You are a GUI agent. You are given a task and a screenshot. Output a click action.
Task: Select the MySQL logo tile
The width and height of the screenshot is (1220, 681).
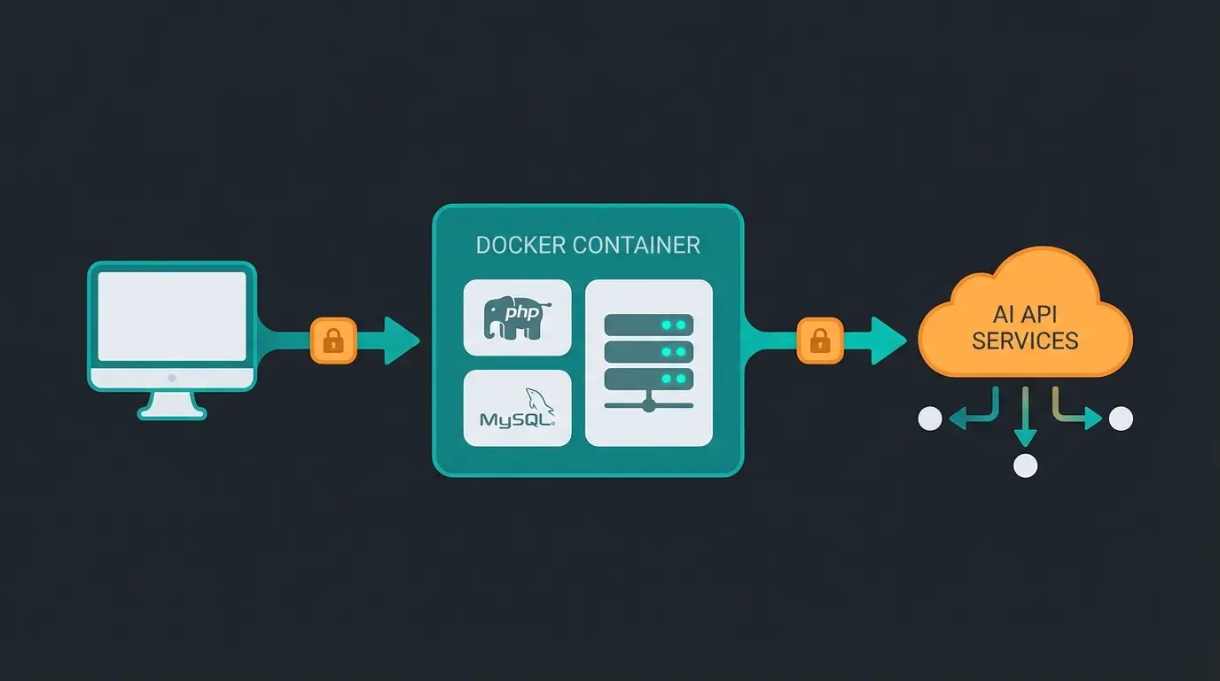tap(517, 408)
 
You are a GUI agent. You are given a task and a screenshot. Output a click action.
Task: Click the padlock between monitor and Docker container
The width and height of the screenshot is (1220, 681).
tap(333, 340)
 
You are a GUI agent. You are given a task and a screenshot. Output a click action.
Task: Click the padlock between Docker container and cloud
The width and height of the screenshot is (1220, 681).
tap(820, 340)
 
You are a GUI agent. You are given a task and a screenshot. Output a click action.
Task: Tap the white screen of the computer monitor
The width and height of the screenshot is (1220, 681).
tap(172, 316)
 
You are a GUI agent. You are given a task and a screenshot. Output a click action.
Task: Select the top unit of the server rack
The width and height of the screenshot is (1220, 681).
tap(648, 325)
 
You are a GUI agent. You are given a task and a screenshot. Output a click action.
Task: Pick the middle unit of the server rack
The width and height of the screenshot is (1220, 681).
tap(648, 352)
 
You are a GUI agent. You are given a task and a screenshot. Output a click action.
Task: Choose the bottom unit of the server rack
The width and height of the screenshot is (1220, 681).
tap(648, 379)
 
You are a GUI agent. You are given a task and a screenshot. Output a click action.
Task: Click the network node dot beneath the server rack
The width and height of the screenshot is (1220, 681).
tap(648, 405)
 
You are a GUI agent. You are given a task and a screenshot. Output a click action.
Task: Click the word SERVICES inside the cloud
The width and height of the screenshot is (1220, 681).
tap(1025, 340)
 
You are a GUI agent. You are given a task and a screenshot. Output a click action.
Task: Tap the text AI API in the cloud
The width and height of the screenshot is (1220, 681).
tap(1025, 314)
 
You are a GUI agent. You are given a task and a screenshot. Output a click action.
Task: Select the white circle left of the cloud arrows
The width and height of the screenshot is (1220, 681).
tap(930, 419)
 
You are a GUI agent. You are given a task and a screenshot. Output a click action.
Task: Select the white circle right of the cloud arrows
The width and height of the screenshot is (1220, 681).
tap(1121, 419)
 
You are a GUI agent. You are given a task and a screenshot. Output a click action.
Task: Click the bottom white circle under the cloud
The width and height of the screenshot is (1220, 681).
tap(1025, 466)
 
